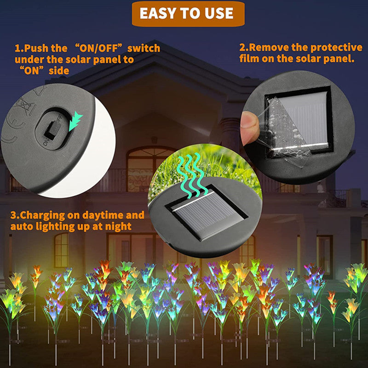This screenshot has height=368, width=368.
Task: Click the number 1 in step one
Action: pos(17,48)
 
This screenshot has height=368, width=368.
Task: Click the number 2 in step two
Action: pos(242,48)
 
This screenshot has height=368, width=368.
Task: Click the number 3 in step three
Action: pos(13,215)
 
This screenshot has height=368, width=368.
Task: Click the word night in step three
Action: pos(118,226)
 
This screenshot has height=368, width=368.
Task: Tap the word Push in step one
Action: pos(37,48)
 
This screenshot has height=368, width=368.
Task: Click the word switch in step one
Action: pos(144,48)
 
